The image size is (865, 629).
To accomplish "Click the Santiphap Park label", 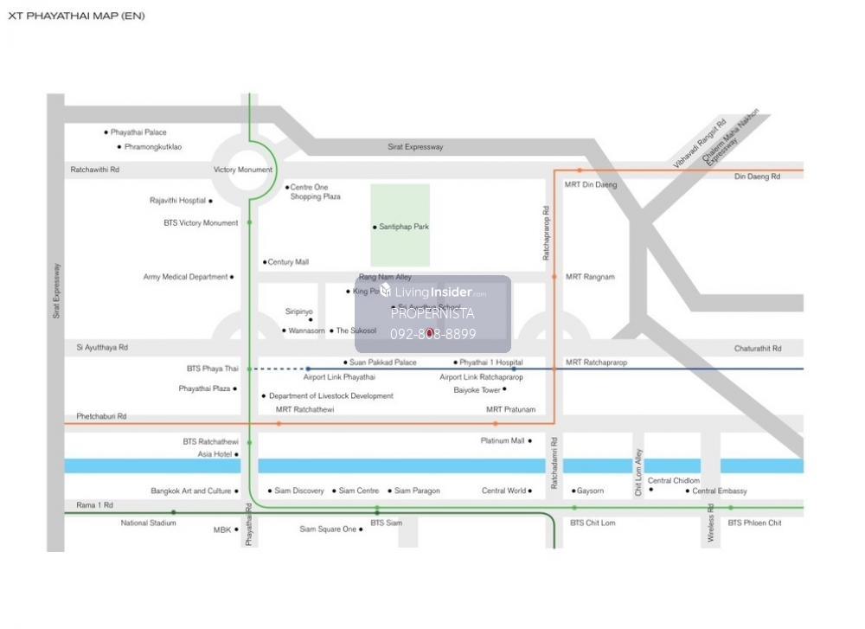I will pyautogui.click(x=404, y=227).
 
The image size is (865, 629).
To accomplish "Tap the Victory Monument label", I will pyautogui.click(x=243, y=170).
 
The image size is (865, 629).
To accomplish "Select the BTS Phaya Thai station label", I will pyautogui.click(x=212, y=369).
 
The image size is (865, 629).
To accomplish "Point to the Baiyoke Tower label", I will pyautogui.click(x=477, y=390).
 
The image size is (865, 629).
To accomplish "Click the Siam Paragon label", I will pyautogui.click(x=417, y=491).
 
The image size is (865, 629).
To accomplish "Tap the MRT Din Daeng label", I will pyautogui.click(x=591, y=184).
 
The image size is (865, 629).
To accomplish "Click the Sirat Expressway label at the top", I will pyautogui.click(x=415, y=147).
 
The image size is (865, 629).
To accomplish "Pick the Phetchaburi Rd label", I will pyautogui.click(x=101, y=416).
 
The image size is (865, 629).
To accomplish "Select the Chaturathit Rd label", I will pyautogui.click(x=758, y=349).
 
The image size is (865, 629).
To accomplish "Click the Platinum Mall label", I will pyautogui.click(x=503, y=440).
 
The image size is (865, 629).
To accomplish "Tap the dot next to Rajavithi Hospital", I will pyautogui.click(x=210, y=201).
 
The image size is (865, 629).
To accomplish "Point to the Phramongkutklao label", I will pyautogui.click(x=153, y=147).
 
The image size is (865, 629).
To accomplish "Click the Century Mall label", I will pyautogui.click(x=288, y=262).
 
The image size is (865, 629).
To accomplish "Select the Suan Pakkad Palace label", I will pyautogui.click(x=382, y=363).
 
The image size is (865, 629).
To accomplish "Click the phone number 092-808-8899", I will pyautogui.click(x=432, y=334).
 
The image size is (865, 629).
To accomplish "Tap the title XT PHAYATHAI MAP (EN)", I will pyautogui.click(x=76, y=16).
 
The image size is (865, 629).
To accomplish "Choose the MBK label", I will pyautogui.click(x=222, y=530).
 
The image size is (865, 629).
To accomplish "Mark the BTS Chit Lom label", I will pyautogui.click(x=593, y=523).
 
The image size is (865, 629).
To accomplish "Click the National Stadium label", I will pyautogui.click(x=147, y=523).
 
